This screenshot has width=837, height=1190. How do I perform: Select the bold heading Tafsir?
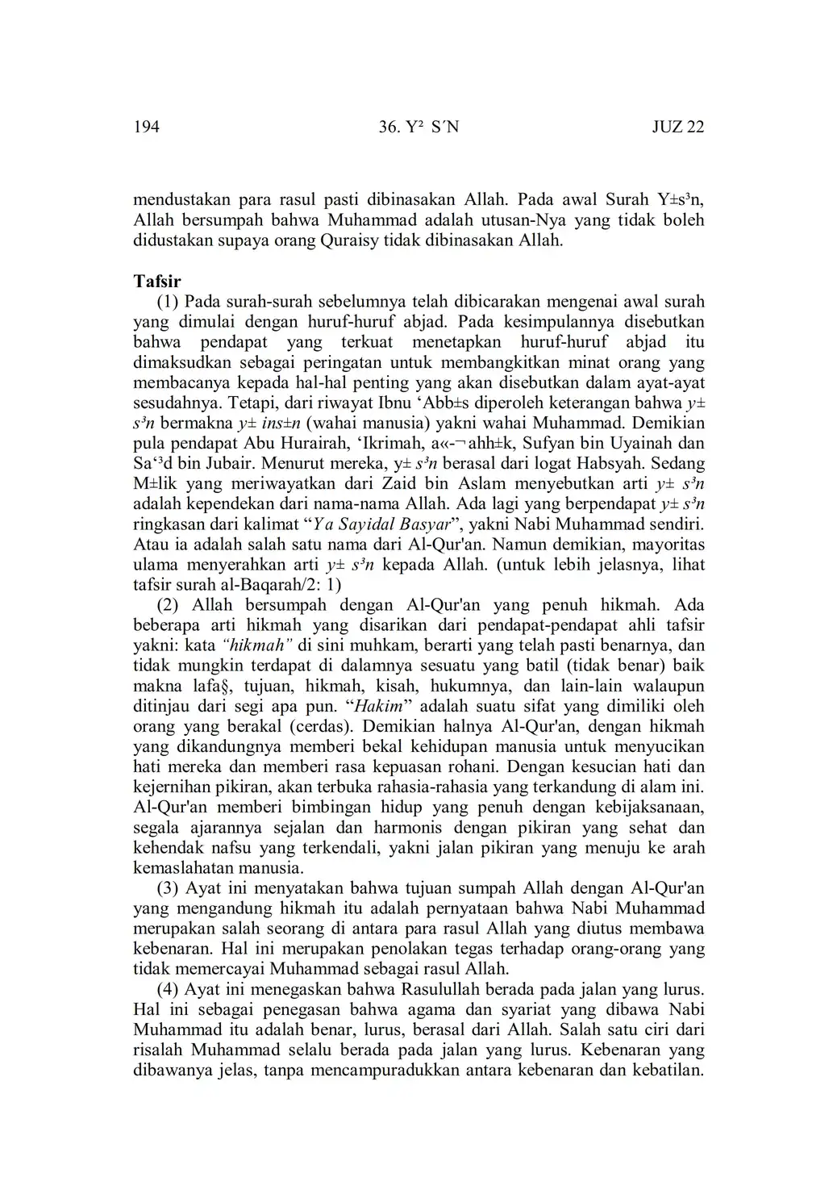157,282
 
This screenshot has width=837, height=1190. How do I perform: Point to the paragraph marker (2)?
169,604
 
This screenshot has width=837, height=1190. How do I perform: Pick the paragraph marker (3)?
169,888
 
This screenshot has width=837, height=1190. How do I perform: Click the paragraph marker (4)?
169,989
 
